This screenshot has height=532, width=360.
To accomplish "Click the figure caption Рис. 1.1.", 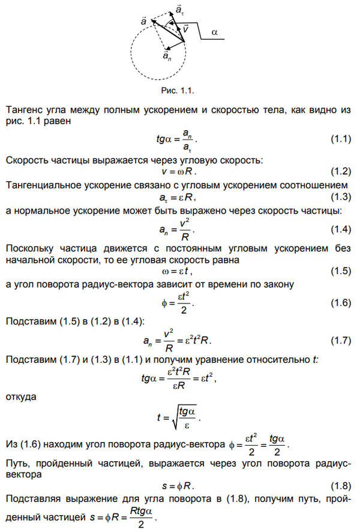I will (x=178, y=91).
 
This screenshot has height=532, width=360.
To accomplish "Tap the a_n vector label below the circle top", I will (x=166, y=56).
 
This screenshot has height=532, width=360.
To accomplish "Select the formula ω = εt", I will (x=179, y=272).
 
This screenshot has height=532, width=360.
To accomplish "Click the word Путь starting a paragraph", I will (x=17, y=463).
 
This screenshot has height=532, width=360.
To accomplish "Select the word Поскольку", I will (x=29, y=248).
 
